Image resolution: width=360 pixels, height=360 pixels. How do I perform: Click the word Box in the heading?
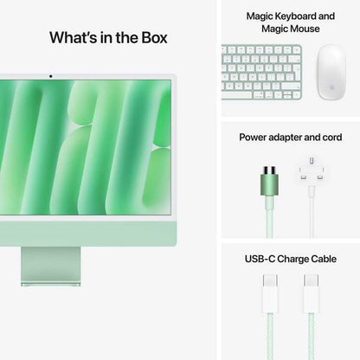coord(151,38)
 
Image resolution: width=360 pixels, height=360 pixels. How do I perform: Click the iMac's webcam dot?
coord(50,76)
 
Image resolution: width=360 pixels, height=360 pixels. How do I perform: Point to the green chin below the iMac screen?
coord(87,232)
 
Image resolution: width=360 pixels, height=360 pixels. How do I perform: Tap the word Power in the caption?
coord(256,138)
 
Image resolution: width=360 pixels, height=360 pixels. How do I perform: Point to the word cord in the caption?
coord(330,138)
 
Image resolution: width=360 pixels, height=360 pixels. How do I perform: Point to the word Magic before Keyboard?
coord(261,16)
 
